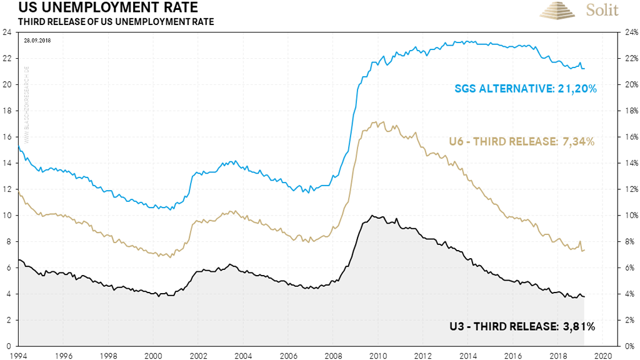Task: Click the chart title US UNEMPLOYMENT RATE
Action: (x=100, y=9)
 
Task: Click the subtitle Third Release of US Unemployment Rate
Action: (x=108, y=22)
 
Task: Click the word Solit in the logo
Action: (x=602, y=11)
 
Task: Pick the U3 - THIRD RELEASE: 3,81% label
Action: (x=522, y=326)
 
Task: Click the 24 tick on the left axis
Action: (x=8, y=33)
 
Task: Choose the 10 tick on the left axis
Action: (x=8, y=216)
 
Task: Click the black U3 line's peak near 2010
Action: (x=372, y=216)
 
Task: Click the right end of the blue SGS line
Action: (x=584, y=68)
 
